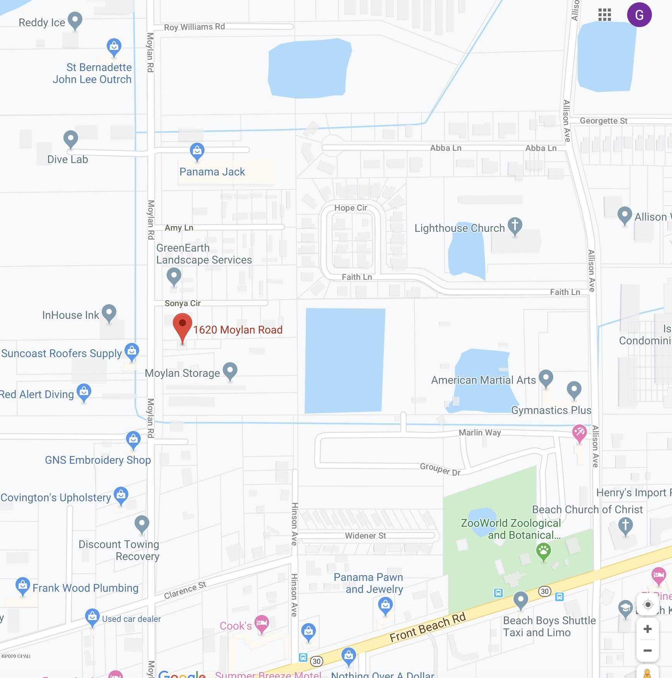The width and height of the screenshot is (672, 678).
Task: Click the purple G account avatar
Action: (639, 15)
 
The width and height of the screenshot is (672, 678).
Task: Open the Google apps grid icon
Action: (604, 15)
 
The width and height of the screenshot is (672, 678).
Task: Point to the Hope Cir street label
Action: (351, 208)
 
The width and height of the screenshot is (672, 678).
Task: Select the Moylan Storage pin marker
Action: (230, 371)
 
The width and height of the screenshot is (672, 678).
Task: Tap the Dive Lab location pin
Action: (71, 139)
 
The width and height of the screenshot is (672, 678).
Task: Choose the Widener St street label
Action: (365, 536)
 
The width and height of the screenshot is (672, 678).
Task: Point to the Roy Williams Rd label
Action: (194, 27)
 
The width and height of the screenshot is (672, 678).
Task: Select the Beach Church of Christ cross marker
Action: (626, 526)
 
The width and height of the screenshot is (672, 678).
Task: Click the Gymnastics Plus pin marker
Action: (574, 390)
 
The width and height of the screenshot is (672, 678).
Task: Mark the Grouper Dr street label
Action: (440, 469)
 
